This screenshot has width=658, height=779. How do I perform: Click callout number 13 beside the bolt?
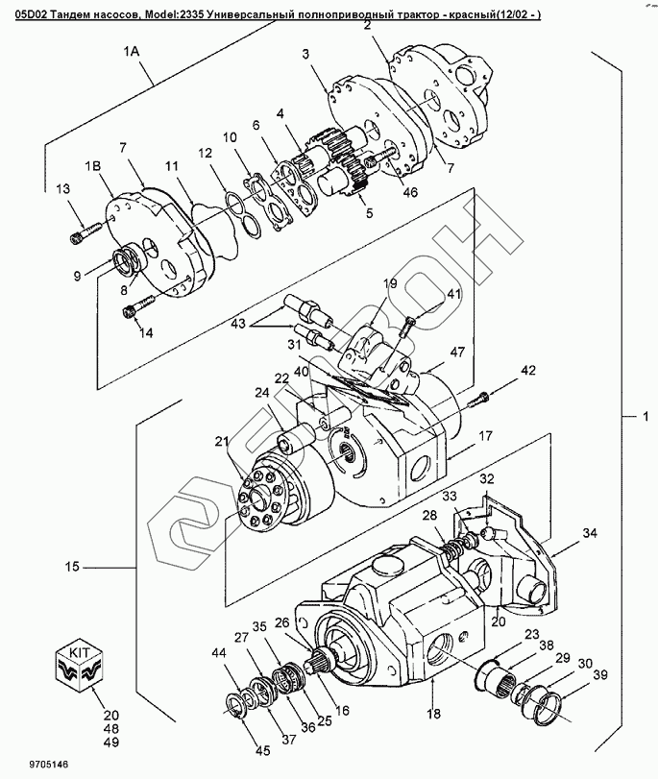click(62, 189)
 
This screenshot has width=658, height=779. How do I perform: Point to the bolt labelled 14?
click(139, 305)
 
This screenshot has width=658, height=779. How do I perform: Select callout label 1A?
click(132, 52)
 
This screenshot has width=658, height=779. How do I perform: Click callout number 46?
click(410, 192)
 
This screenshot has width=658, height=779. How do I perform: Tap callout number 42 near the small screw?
click(528, 371)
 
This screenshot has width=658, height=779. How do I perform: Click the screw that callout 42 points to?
click(479, 397)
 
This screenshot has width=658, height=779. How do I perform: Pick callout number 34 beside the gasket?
click(590, 533)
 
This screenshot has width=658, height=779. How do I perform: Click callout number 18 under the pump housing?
click(433, 714)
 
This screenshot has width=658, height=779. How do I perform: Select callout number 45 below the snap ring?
click(262, 751)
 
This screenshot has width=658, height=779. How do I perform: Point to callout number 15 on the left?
click(73, 566)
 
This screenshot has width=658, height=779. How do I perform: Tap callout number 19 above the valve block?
click(390, 283)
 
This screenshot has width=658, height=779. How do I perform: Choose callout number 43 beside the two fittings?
click(238, 324)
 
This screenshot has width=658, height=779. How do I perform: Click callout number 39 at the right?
click(600, 675)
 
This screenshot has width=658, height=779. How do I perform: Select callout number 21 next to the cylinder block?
click(222, 441)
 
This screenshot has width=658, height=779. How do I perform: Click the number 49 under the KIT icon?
click(111, 742)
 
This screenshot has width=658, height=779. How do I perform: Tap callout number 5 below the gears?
click(369, 214)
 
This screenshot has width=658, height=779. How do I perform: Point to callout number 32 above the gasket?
click(487, 479)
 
